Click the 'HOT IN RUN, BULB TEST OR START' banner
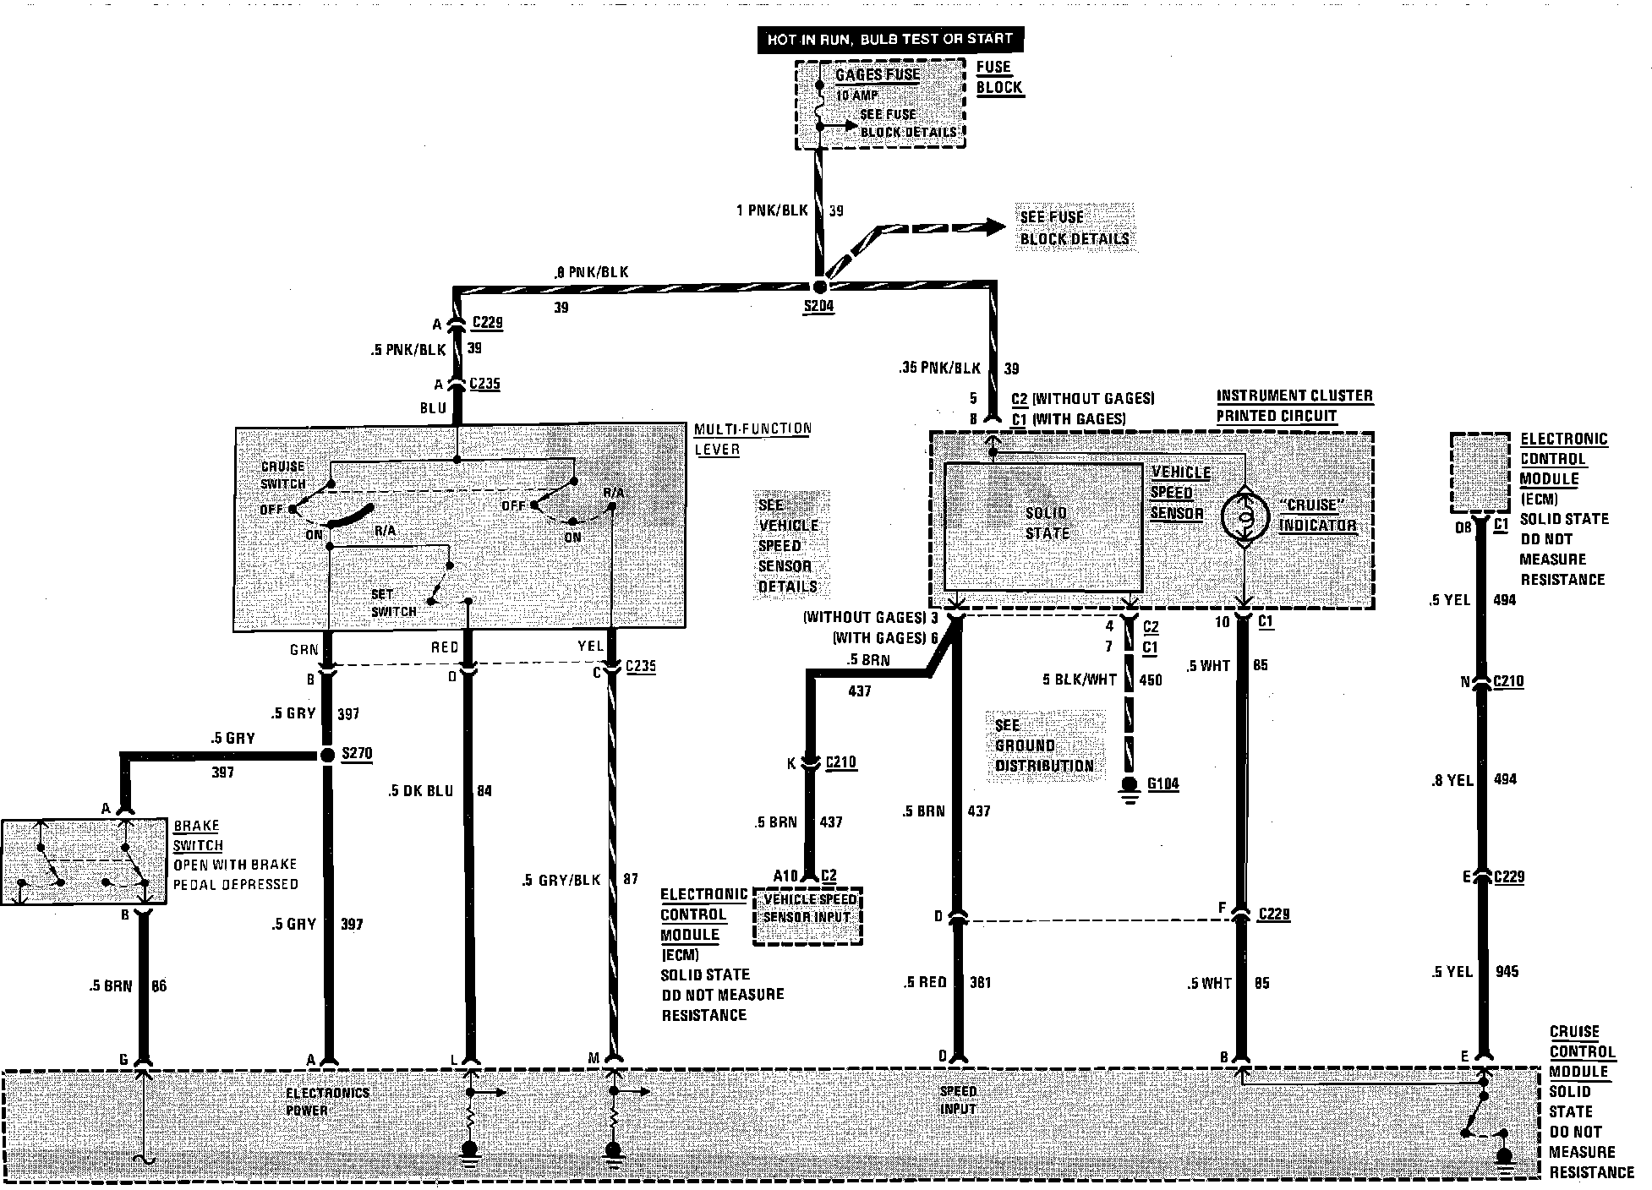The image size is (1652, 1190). point(889,39)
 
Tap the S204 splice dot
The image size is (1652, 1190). point(819,287)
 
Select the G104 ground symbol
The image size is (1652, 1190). point(1129,786)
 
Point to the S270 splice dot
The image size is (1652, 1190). point(328,755)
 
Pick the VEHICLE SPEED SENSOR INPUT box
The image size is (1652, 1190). point(808,909)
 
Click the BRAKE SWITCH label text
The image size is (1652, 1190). point(198,835)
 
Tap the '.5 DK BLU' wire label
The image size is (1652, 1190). point(420,791)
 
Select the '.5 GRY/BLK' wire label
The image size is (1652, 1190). point(561,880)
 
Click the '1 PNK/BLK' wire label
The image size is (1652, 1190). point(771,210)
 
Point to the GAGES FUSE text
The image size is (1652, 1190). point(877,75)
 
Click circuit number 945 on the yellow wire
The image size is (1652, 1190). point(1506,971)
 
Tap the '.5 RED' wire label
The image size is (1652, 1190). point(924,982)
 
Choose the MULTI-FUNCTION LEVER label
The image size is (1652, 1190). point(752,438)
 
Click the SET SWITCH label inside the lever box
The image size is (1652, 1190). point(393,603)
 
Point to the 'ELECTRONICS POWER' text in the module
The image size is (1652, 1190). point(326,1101)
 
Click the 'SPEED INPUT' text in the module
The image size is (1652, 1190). point(958,1100)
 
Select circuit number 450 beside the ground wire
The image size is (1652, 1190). point(1150,680)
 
